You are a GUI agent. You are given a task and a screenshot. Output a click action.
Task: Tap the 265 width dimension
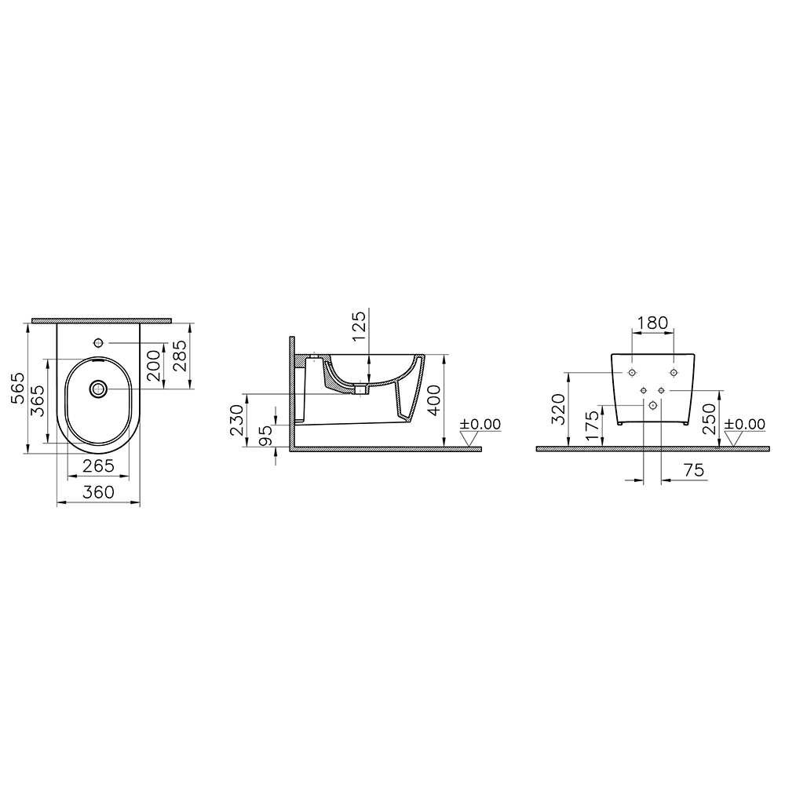(x=99, y=466)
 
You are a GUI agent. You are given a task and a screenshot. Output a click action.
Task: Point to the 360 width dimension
(x=99, y=492)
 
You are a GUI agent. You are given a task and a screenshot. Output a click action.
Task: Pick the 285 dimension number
(x=180, y=356)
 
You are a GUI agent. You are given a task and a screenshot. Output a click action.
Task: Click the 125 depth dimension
(x=360, y=326)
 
